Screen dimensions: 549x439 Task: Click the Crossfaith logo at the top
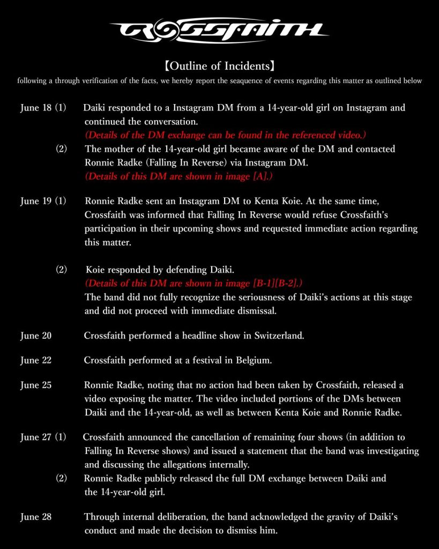(x=219, y=31)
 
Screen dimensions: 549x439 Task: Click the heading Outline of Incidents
(x=219, y=67)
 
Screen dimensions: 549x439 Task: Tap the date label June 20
(x=36, y=336)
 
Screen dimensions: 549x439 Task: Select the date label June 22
(x=36, y=360)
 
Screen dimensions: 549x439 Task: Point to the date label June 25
(x=36, y=385)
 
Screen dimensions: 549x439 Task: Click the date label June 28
(x=36, y=517)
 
